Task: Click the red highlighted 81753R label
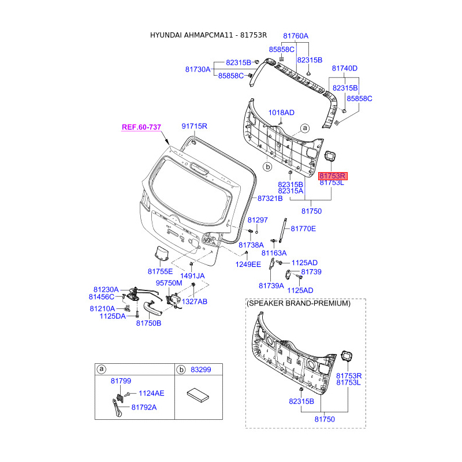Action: [x=333, y=176]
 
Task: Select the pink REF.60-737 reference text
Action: [x=141, y=127]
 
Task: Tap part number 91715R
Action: [x=195, y=126]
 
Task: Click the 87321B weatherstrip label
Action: [x=270, y=199]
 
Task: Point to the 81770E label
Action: [x=303, y=229]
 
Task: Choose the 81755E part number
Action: [x=161, y=271]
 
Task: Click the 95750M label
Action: [x=169, y=283]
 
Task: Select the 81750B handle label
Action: [x=148, y=323]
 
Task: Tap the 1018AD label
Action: [x=281, y=113]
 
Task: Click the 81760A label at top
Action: [x=296, y=36]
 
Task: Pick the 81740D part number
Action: [x=345, y=68]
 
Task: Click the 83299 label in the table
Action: [x=201, y=370]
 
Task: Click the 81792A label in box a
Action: [x=144, y=408]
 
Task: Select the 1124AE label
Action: [x=151, y=393]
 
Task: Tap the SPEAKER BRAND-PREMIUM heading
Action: [x=299, y=303]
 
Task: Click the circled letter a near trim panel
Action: [x=305, y=128]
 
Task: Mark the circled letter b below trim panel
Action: [x=267, y=167]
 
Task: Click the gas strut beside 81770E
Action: [x=283, y=230]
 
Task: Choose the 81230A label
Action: [x=106, y=290]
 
